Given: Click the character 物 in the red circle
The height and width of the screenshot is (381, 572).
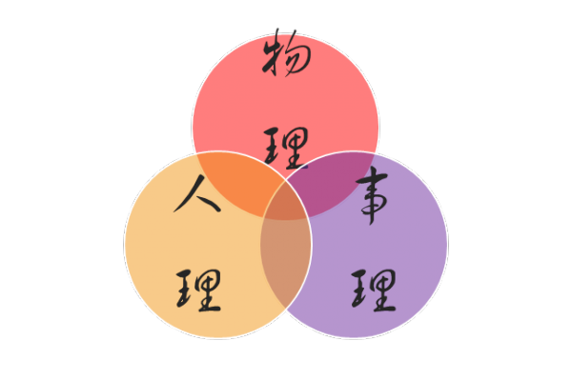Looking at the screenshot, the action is coord(286,53).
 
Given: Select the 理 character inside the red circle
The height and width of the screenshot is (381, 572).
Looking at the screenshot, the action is coord(286,148).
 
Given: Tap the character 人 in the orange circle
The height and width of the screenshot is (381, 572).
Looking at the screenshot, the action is coord(197,194).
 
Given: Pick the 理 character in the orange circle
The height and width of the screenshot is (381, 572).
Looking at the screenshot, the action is coord(199,291).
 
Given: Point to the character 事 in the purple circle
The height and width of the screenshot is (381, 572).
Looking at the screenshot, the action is coord(372,195).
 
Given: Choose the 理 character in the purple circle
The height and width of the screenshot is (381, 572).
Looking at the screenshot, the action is coord(374,291).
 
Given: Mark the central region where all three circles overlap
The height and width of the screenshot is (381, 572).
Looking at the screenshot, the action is coord(286,202).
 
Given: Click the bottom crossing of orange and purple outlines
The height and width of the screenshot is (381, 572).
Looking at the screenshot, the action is coord(286,309).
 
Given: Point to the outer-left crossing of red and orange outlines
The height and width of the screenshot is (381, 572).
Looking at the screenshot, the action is coord(197,154).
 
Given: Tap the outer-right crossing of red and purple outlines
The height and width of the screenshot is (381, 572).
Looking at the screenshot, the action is coord(375,154).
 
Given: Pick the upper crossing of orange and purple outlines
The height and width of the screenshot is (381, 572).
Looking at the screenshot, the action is coord(286,180).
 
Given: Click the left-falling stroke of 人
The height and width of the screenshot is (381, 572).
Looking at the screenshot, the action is coord(189,193).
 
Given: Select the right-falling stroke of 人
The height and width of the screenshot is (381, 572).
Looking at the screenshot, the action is coord(210,204).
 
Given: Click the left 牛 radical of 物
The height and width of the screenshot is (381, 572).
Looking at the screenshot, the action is coord(271,54).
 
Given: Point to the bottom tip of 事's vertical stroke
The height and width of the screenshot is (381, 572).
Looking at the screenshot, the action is coord(371,225).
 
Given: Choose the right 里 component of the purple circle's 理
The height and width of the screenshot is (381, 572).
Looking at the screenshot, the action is coord(384,291).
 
